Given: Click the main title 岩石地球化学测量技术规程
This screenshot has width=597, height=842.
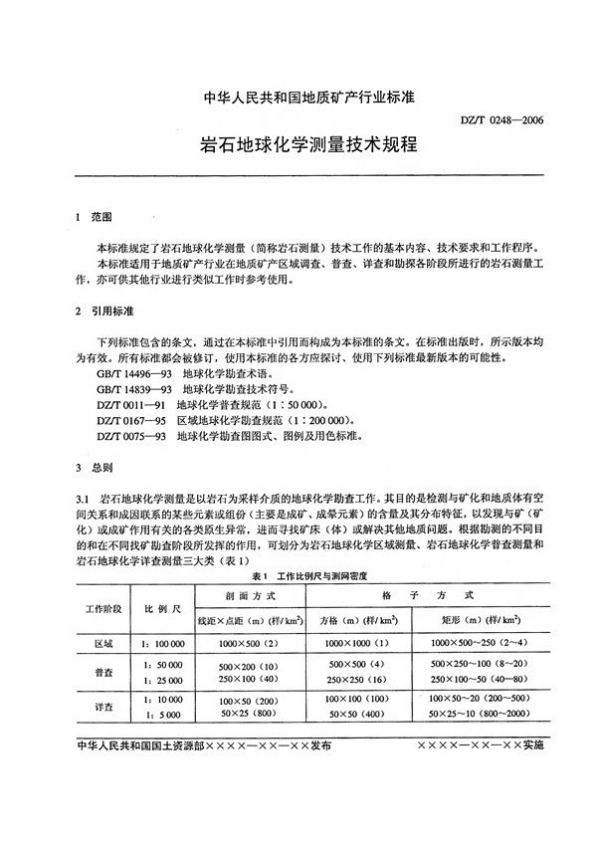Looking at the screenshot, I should pos(298,146).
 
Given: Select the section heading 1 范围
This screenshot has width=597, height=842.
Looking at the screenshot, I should pos(93,216).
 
